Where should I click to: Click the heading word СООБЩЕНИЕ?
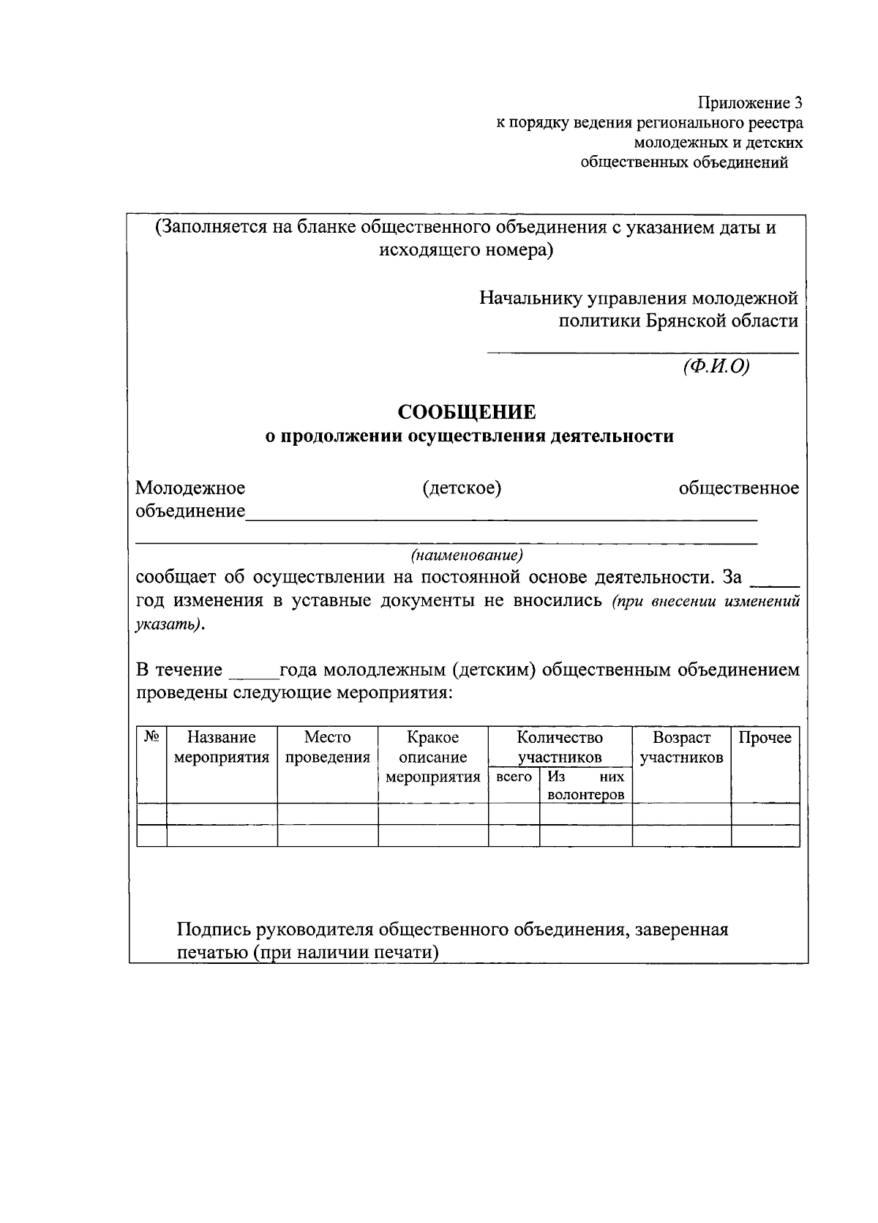pos(467,412)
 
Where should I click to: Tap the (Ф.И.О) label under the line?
pos(716,367)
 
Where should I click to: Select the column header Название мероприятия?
pos(221,747)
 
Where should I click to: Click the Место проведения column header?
pos(327,747)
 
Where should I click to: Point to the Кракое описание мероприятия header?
pos(432,757)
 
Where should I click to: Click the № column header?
pos(151,737)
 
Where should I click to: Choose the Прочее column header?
pos(765,738)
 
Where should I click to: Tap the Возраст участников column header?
pos(681,747)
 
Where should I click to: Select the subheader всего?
pos(514,777)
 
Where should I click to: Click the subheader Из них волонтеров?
pos(585,785)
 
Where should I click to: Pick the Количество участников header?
pos(560,747)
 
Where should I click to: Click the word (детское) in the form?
pos(462,488)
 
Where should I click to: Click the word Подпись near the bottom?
pos(213,930)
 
